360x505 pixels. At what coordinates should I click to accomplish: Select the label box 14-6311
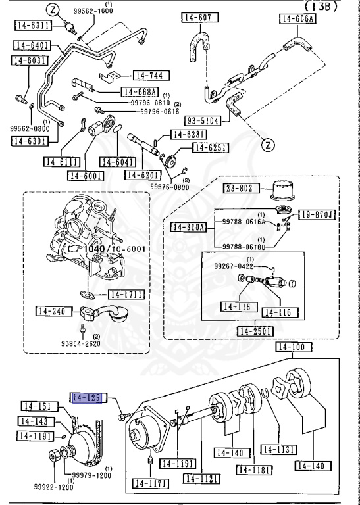tap(32, 26)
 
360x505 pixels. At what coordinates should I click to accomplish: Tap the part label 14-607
tap(197, 18)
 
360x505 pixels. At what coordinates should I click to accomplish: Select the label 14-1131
tap(277, 449)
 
